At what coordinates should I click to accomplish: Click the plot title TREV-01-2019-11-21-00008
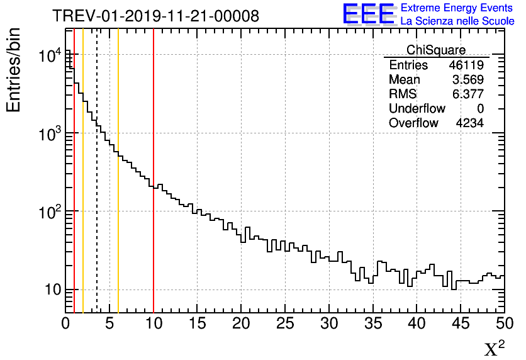tap(155, 16)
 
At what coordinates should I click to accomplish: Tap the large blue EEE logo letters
tap(368, 14)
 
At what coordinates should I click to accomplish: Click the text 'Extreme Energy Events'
tap(457, 8)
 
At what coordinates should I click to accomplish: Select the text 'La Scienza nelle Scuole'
tap(457, 21)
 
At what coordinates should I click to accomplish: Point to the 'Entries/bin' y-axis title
tap(14, 70)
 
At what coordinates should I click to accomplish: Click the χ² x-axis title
tap(494, 348)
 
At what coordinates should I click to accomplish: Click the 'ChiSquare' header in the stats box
tap(436, 50)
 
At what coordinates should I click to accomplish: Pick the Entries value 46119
tap(466, 65)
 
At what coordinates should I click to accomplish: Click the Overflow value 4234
tap(469, 123)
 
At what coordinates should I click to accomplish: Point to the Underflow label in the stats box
tap(417, 109)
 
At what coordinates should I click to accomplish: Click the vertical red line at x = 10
tap(154, 189)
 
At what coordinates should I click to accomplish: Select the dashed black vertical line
tap(97, 189)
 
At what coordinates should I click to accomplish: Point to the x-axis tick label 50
tap(504, 324)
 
